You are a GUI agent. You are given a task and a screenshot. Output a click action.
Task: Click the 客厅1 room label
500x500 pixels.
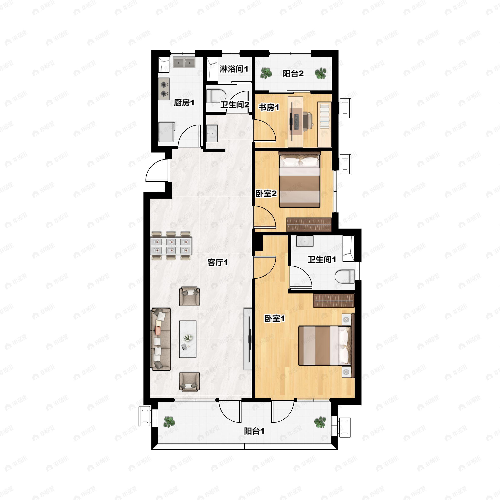(x=218, y=262)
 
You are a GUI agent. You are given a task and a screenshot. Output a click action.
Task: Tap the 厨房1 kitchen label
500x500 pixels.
(x=184, y=103)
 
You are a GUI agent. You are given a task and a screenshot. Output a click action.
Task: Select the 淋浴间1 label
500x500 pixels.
(x=234, y=69)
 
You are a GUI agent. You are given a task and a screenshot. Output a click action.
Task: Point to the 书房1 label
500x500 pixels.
(x=269, y=107)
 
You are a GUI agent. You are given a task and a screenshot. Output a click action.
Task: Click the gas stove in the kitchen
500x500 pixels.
(x=164, y=89)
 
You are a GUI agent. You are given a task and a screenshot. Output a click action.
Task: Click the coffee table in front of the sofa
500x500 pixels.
(x=188, y=339)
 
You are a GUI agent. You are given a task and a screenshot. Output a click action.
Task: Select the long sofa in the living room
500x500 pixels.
(x=161, y=339)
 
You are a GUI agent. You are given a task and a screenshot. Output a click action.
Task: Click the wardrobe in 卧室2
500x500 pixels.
(x=309, y=225)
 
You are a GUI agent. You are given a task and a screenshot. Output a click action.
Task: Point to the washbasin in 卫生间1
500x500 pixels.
(x=305, y=241)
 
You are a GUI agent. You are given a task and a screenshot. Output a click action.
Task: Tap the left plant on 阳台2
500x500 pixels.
(x=266, y=73)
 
